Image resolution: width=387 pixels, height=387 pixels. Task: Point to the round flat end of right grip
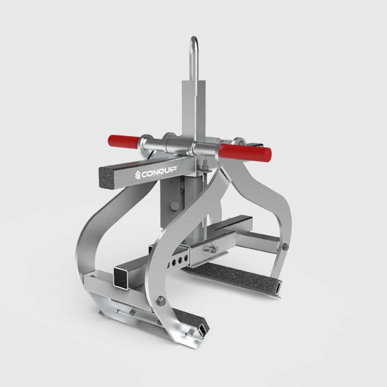pos(268,154)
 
